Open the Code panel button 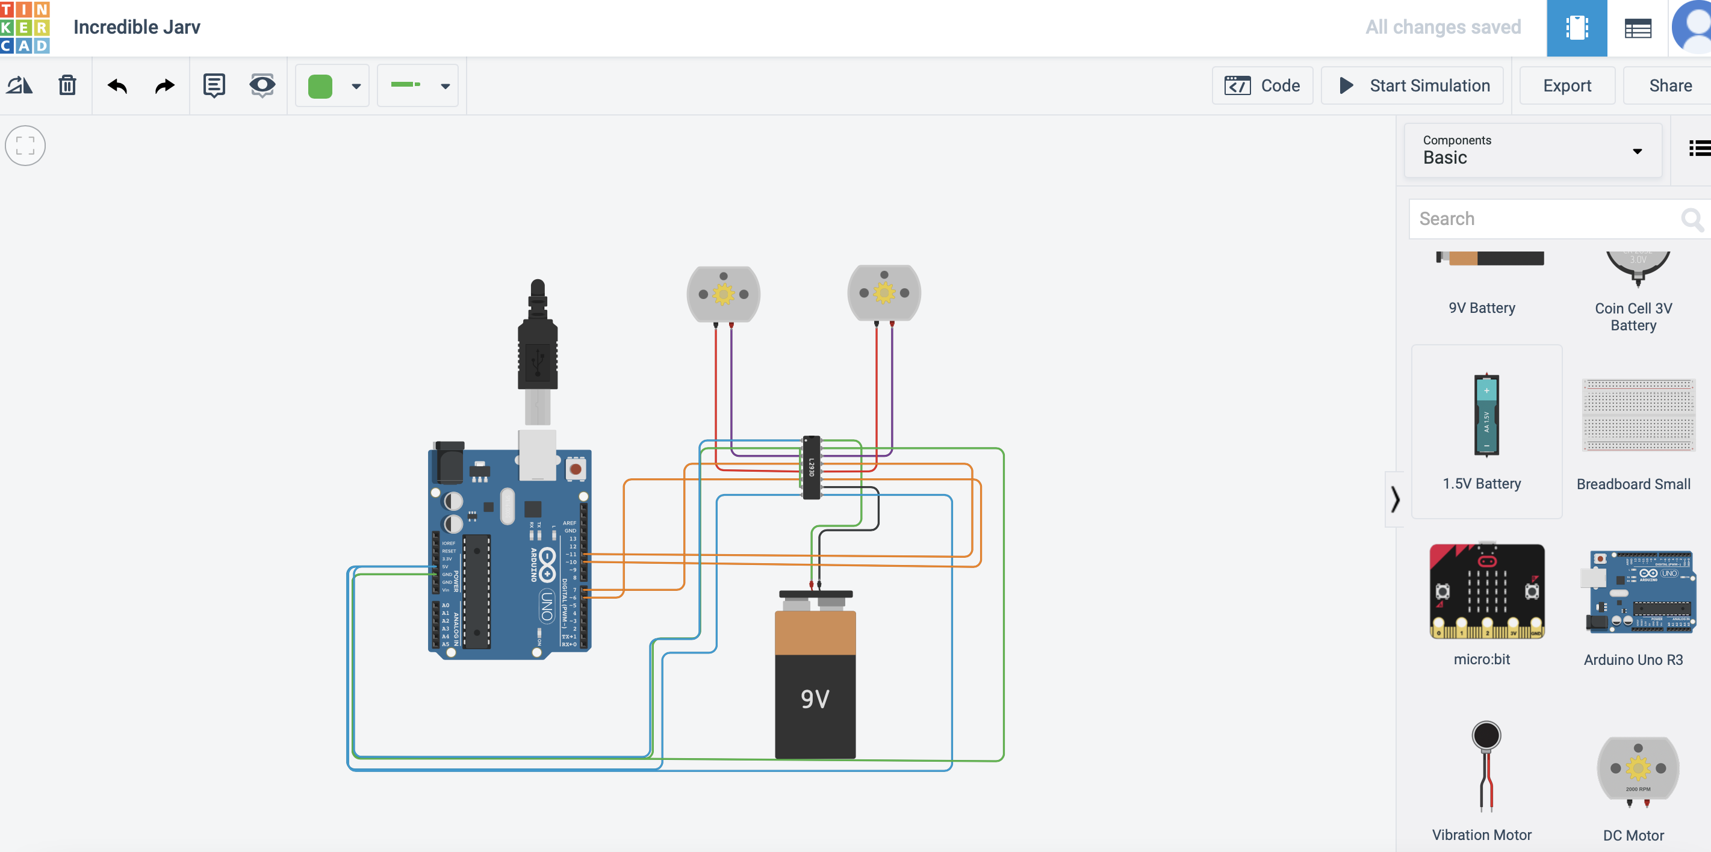1262,85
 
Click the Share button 1669,85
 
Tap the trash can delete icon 67,85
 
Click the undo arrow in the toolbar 117,85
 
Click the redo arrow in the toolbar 164,85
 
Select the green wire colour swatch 320,86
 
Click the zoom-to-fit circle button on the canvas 25,146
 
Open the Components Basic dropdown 1532,151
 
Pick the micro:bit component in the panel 1486,591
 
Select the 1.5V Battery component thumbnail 1486,415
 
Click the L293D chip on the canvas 811,468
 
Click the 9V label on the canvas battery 815,699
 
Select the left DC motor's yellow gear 723,294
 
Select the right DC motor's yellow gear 884,292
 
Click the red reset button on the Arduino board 575,469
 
